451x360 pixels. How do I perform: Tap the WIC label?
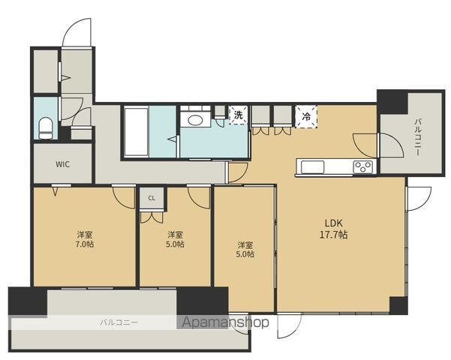[62, 164]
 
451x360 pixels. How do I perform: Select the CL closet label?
[152, 198]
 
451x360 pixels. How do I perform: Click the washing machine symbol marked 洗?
[238, 115]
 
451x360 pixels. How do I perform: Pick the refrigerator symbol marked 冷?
[306, 116]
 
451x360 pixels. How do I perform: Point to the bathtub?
[137, 132]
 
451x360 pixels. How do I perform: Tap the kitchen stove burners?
[363, 166]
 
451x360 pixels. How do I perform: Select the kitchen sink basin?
[312, 166]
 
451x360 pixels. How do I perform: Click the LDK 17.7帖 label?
[334, 229]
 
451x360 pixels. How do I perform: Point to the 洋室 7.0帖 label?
[85, 239]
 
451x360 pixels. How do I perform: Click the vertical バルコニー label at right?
[417, 137]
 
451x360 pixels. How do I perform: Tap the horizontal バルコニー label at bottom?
[119, 322]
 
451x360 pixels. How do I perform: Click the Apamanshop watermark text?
[226, 322]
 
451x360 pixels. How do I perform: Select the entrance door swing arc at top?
[77, 32]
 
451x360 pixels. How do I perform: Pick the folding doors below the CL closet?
[152, 217]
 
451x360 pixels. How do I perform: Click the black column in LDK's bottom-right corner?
[398, 305]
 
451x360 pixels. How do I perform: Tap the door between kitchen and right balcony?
[365, 145]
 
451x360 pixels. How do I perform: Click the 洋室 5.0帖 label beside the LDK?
[245, 249]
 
